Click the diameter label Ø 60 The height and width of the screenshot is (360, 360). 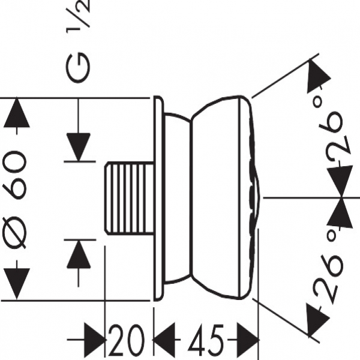coord(16,198)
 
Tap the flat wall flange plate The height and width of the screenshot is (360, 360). coord(157,198)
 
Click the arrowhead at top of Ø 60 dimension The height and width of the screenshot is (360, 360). coord(16,114)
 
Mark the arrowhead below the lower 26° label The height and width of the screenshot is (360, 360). coord(317,317)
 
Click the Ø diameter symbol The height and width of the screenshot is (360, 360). coord(16,231)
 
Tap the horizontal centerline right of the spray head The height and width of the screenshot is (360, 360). coord(300,197)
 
